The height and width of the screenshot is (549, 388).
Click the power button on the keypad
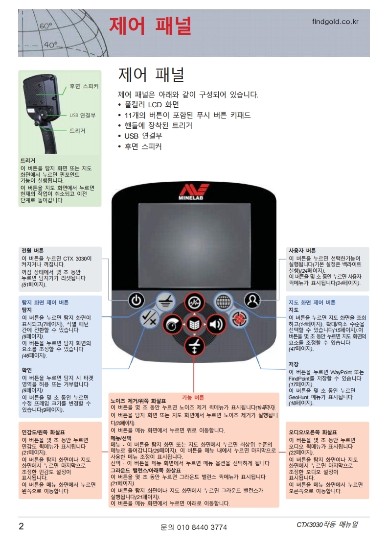[137, 300]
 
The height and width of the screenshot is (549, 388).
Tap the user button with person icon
[252, 300]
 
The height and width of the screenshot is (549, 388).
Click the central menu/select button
[194, 324]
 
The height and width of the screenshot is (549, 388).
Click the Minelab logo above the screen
[194, 192]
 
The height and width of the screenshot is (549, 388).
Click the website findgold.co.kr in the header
[335, 22]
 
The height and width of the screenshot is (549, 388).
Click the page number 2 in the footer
[21, 526]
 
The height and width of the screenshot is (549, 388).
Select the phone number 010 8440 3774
[194, 527]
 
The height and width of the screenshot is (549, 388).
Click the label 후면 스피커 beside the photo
[84, 86]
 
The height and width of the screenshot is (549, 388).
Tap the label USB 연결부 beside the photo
[82, 115]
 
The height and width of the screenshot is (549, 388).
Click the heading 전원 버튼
[33, 250]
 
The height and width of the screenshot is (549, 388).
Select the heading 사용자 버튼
[302, 250]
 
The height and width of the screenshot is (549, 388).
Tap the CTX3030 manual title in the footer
[327, 525]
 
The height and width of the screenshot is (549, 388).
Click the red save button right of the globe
[240, 318]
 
